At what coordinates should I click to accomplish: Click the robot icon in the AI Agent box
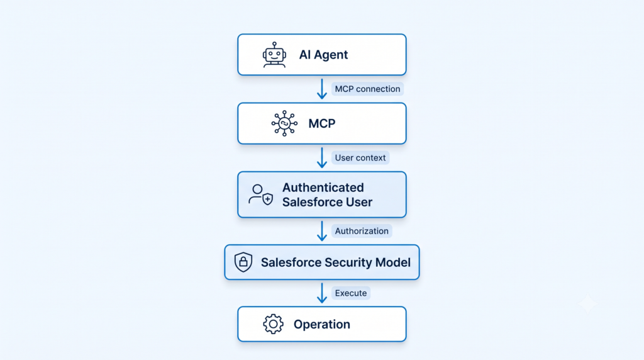(x=274, y=55)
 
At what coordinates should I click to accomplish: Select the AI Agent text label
(x=323, y=55)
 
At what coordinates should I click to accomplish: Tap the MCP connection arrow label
(x=367, y=89)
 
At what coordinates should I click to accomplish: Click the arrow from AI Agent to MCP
(x=322, y=89)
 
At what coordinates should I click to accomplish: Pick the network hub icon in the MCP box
(x=284, y=123)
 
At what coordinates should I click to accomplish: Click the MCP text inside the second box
(x=322, y=123)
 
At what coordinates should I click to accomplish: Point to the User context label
(x=360, y=158)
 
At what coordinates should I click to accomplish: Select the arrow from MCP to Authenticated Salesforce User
(x=322, y=158)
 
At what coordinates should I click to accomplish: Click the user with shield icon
(x=260, y=195)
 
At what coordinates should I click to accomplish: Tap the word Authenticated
(x=323, y=188)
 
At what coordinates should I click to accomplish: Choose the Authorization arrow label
(x=362, y=231)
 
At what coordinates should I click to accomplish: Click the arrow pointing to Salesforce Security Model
(x=322, y=231)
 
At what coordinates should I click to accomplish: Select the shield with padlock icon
(x=243, y=262)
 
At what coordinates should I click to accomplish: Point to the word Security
(x=348, y=262)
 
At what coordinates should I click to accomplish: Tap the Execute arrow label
(x=351, y=293)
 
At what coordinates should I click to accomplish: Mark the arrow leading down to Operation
(x=322, y=293)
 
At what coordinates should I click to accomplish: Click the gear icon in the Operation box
(x=273, y=324)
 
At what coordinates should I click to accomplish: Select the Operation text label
(x=321, y=324)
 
